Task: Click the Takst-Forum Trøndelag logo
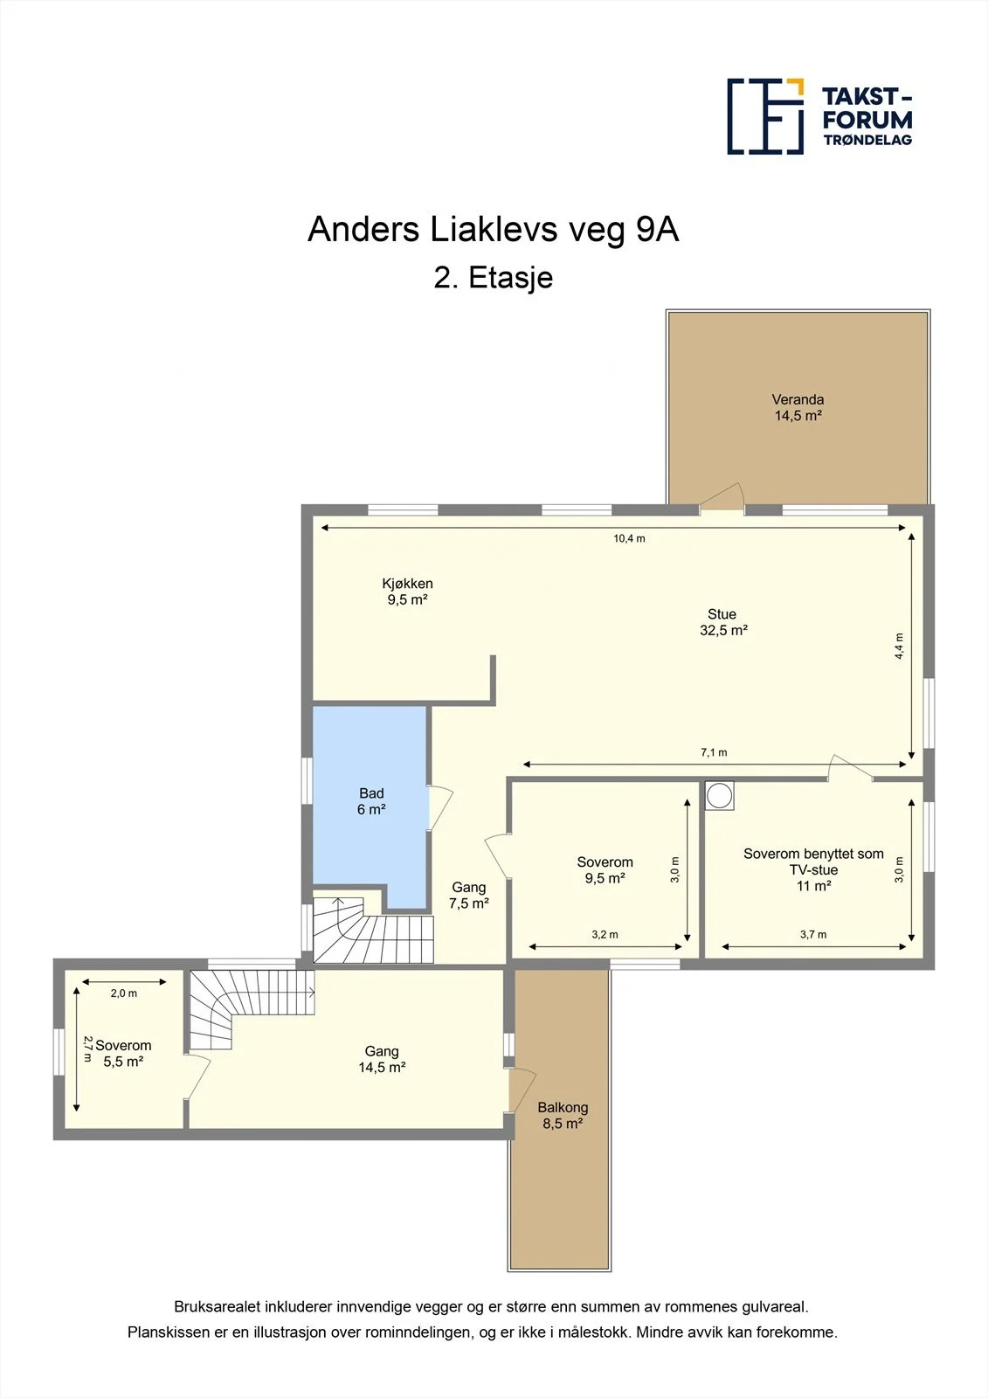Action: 819,117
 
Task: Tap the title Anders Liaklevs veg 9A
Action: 493,229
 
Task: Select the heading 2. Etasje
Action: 493,278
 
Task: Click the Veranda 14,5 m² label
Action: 798,407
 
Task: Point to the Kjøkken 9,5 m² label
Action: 408,592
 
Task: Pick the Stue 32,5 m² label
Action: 723,622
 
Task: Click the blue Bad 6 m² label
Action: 371,801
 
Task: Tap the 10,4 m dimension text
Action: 629,538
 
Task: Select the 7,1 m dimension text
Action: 714,752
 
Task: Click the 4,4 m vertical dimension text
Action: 899,646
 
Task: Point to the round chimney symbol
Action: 719,796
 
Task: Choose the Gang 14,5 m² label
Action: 382,1059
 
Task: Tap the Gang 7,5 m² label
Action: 469,895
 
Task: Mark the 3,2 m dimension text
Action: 605,934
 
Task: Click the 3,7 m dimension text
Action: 813,934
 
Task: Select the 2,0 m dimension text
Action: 123,993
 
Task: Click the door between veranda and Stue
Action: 722,497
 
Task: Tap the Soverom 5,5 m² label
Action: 123,1053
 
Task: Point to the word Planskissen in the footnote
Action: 169,1332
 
